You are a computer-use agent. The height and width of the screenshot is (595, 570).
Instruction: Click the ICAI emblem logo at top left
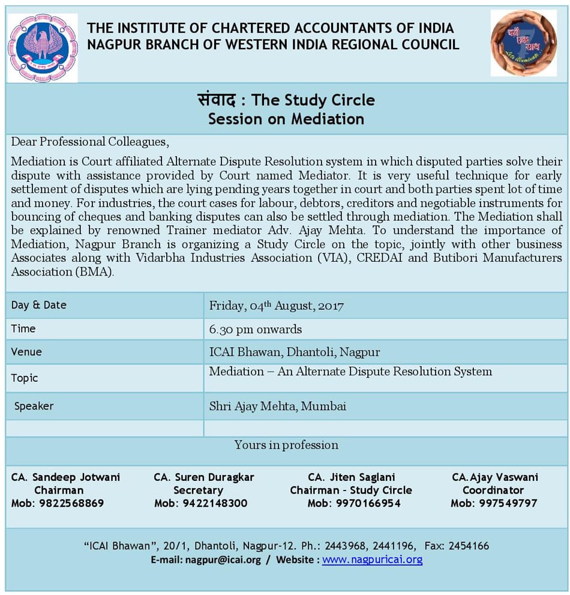coord(42,47)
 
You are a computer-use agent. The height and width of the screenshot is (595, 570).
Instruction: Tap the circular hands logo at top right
coord(523,43)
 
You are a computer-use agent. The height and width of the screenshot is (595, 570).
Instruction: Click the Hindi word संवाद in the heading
coord(220,99)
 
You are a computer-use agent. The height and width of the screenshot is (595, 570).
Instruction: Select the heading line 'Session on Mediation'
coord(286,119)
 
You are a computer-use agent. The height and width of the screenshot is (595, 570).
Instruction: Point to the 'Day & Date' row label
coord(38,305)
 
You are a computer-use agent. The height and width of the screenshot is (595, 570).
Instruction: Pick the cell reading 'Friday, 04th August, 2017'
coord(276,306)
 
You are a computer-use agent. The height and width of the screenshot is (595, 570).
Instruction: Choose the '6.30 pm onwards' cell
coord(255,329)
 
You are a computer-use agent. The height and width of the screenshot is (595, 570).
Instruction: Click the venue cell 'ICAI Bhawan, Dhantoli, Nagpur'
coord(294,352)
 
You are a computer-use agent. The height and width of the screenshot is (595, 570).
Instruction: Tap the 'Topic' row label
coord(24,378)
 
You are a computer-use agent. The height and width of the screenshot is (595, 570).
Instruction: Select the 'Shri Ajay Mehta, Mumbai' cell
coord(277,406)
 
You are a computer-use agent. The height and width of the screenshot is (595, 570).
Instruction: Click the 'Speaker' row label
coord(34,406)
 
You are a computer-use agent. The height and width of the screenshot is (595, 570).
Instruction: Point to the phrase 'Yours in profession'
coord(286,445)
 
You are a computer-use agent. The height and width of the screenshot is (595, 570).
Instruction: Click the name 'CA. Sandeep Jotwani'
coord(65,477)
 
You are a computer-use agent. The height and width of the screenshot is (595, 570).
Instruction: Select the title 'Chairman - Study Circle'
coord(351,490)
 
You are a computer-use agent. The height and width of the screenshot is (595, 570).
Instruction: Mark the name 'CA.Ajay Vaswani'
coord(494,477)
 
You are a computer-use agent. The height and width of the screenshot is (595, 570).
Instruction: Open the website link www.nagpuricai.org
coord(372,560)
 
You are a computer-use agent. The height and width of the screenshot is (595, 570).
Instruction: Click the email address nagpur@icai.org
coord(223,560)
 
